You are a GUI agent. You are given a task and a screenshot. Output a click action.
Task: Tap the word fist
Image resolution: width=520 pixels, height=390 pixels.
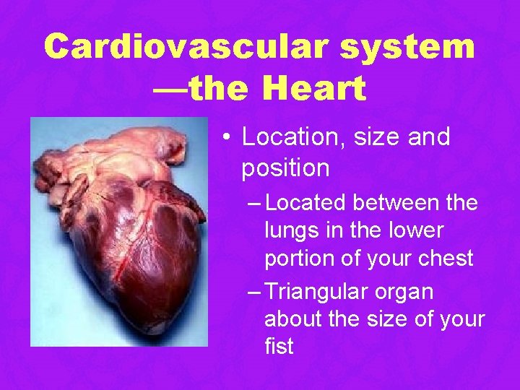tap(279, 345)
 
